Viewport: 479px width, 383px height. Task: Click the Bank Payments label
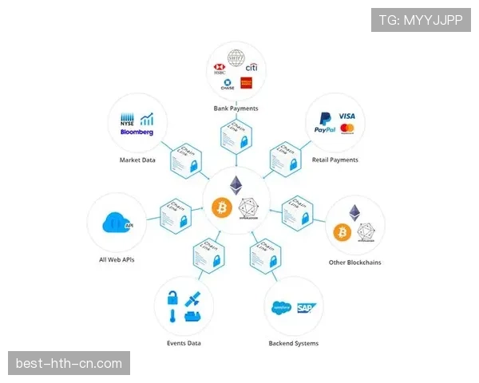tap(236, 108)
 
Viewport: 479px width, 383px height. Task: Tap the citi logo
tap(251, 69)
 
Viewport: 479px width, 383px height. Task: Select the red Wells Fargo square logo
tap(246, 84)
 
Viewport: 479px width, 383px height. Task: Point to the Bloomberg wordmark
tap(137, 132)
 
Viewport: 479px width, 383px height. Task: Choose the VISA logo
tap(346, 116)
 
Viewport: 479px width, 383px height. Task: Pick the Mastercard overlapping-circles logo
tap(346, 128)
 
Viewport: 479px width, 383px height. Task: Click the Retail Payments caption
tap(335, 160)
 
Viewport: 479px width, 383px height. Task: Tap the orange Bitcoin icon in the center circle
tap(222, 207)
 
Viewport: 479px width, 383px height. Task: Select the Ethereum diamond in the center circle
tap(236, 185)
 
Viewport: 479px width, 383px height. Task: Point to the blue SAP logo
tap(305, 306)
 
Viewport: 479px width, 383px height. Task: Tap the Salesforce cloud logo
tap(281, 306)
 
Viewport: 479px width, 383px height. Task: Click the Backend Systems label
tap(293, 343)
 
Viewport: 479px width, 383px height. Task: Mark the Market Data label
tap(137, 160)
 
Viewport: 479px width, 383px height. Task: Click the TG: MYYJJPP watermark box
tap(421, 20)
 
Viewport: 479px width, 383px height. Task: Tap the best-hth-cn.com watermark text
tap(69, 364)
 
